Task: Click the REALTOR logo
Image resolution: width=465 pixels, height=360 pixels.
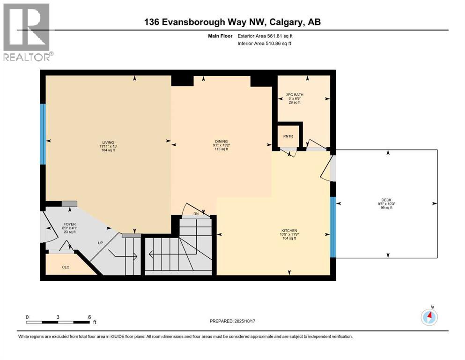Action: (28, 32)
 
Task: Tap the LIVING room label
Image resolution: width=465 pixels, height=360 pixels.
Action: (108, 142)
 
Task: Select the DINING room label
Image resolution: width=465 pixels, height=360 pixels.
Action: (221, 142)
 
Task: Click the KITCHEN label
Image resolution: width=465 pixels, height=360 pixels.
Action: (288, 231)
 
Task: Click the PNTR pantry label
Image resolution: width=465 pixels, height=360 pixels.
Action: (288, 136)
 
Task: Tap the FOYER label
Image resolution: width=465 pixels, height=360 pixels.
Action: (69, 224)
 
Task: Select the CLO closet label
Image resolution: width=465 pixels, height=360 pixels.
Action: (66, 268)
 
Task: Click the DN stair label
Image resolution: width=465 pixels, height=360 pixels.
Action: (196, 214)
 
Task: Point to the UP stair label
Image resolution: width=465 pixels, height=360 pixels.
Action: (100, 243)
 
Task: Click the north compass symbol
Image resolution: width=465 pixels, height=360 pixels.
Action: (429, 317)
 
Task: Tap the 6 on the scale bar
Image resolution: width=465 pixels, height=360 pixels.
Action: (89, 317)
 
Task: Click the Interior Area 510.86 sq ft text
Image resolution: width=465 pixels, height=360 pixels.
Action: (265, 44)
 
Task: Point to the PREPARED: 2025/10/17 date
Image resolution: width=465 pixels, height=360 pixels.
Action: (233, 321)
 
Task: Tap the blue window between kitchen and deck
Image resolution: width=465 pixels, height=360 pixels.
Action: (332, 227)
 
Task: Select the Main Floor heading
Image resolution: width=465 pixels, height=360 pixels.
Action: (220, 36)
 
